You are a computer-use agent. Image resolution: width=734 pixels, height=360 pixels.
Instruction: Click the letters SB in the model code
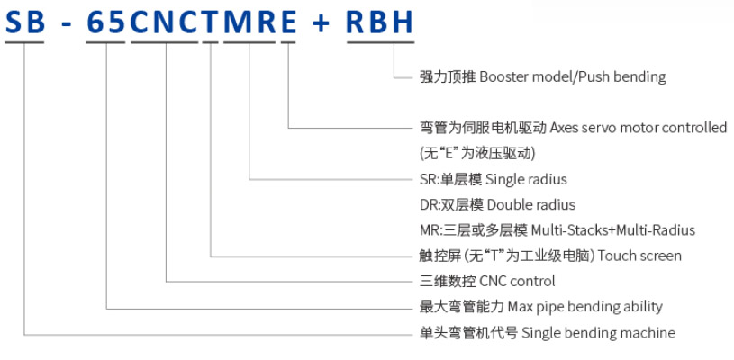(x=25, y=23)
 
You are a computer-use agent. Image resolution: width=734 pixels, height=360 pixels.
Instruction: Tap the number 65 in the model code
(x=106, y=23)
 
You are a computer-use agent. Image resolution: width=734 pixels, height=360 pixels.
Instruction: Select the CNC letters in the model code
(x=164, y=23)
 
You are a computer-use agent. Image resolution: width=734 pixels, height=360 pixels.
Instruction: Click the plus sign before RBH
(x=322, y=23)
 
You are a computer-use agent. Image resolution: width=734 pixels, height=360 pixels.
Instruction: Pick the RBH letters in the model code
(x=381, y=23)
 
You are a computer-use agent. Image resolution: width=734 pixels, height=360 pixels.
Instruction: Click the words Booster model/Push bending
(x=573, y=76)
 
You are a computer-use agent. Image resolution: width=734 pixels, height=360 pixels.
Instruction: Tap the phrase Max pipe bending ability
(x=585, y=307)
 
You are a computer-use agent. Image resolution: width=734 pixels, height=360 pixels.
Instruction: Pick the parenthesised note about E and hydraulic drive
(x=477, y=153)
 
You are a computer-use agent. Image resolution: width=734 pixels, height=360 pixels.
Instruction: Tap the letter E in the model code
(x=288, y=23)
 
